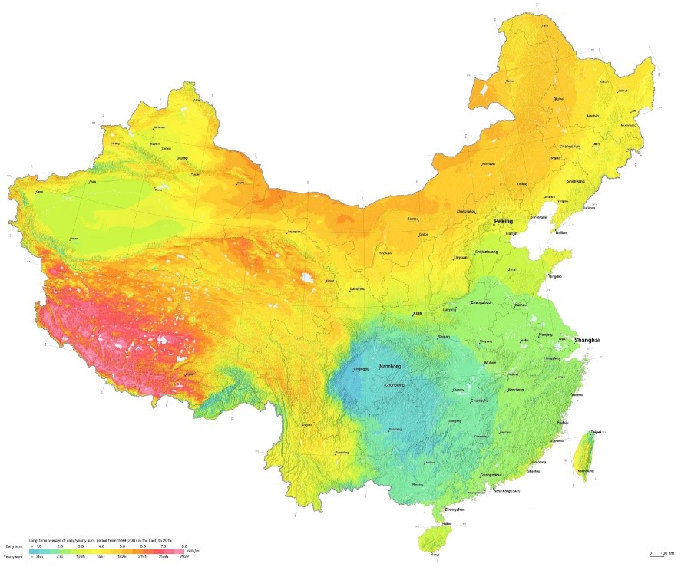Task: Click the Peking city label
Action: coord(503,221)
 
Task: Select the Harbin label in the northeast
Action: coord(592,116)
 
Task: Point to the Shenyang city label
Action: coord(575,181)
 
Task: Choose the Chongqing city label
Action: coord(394,384)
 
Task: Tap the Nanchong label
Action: coord(392,367)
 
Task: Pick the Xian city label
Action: coord(418,313)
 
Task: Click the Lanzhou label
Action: coord(357,289)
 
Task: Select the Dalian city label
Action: coord(561,232)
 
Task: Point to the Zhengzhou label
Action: coord(481,303)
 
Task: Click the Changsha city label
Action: coord(478,400)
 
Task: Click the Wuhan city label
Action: coord(491,362)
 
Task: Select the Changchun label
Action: coord(570,146)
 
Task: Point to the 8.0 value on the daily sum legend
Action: coord(184,545)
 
